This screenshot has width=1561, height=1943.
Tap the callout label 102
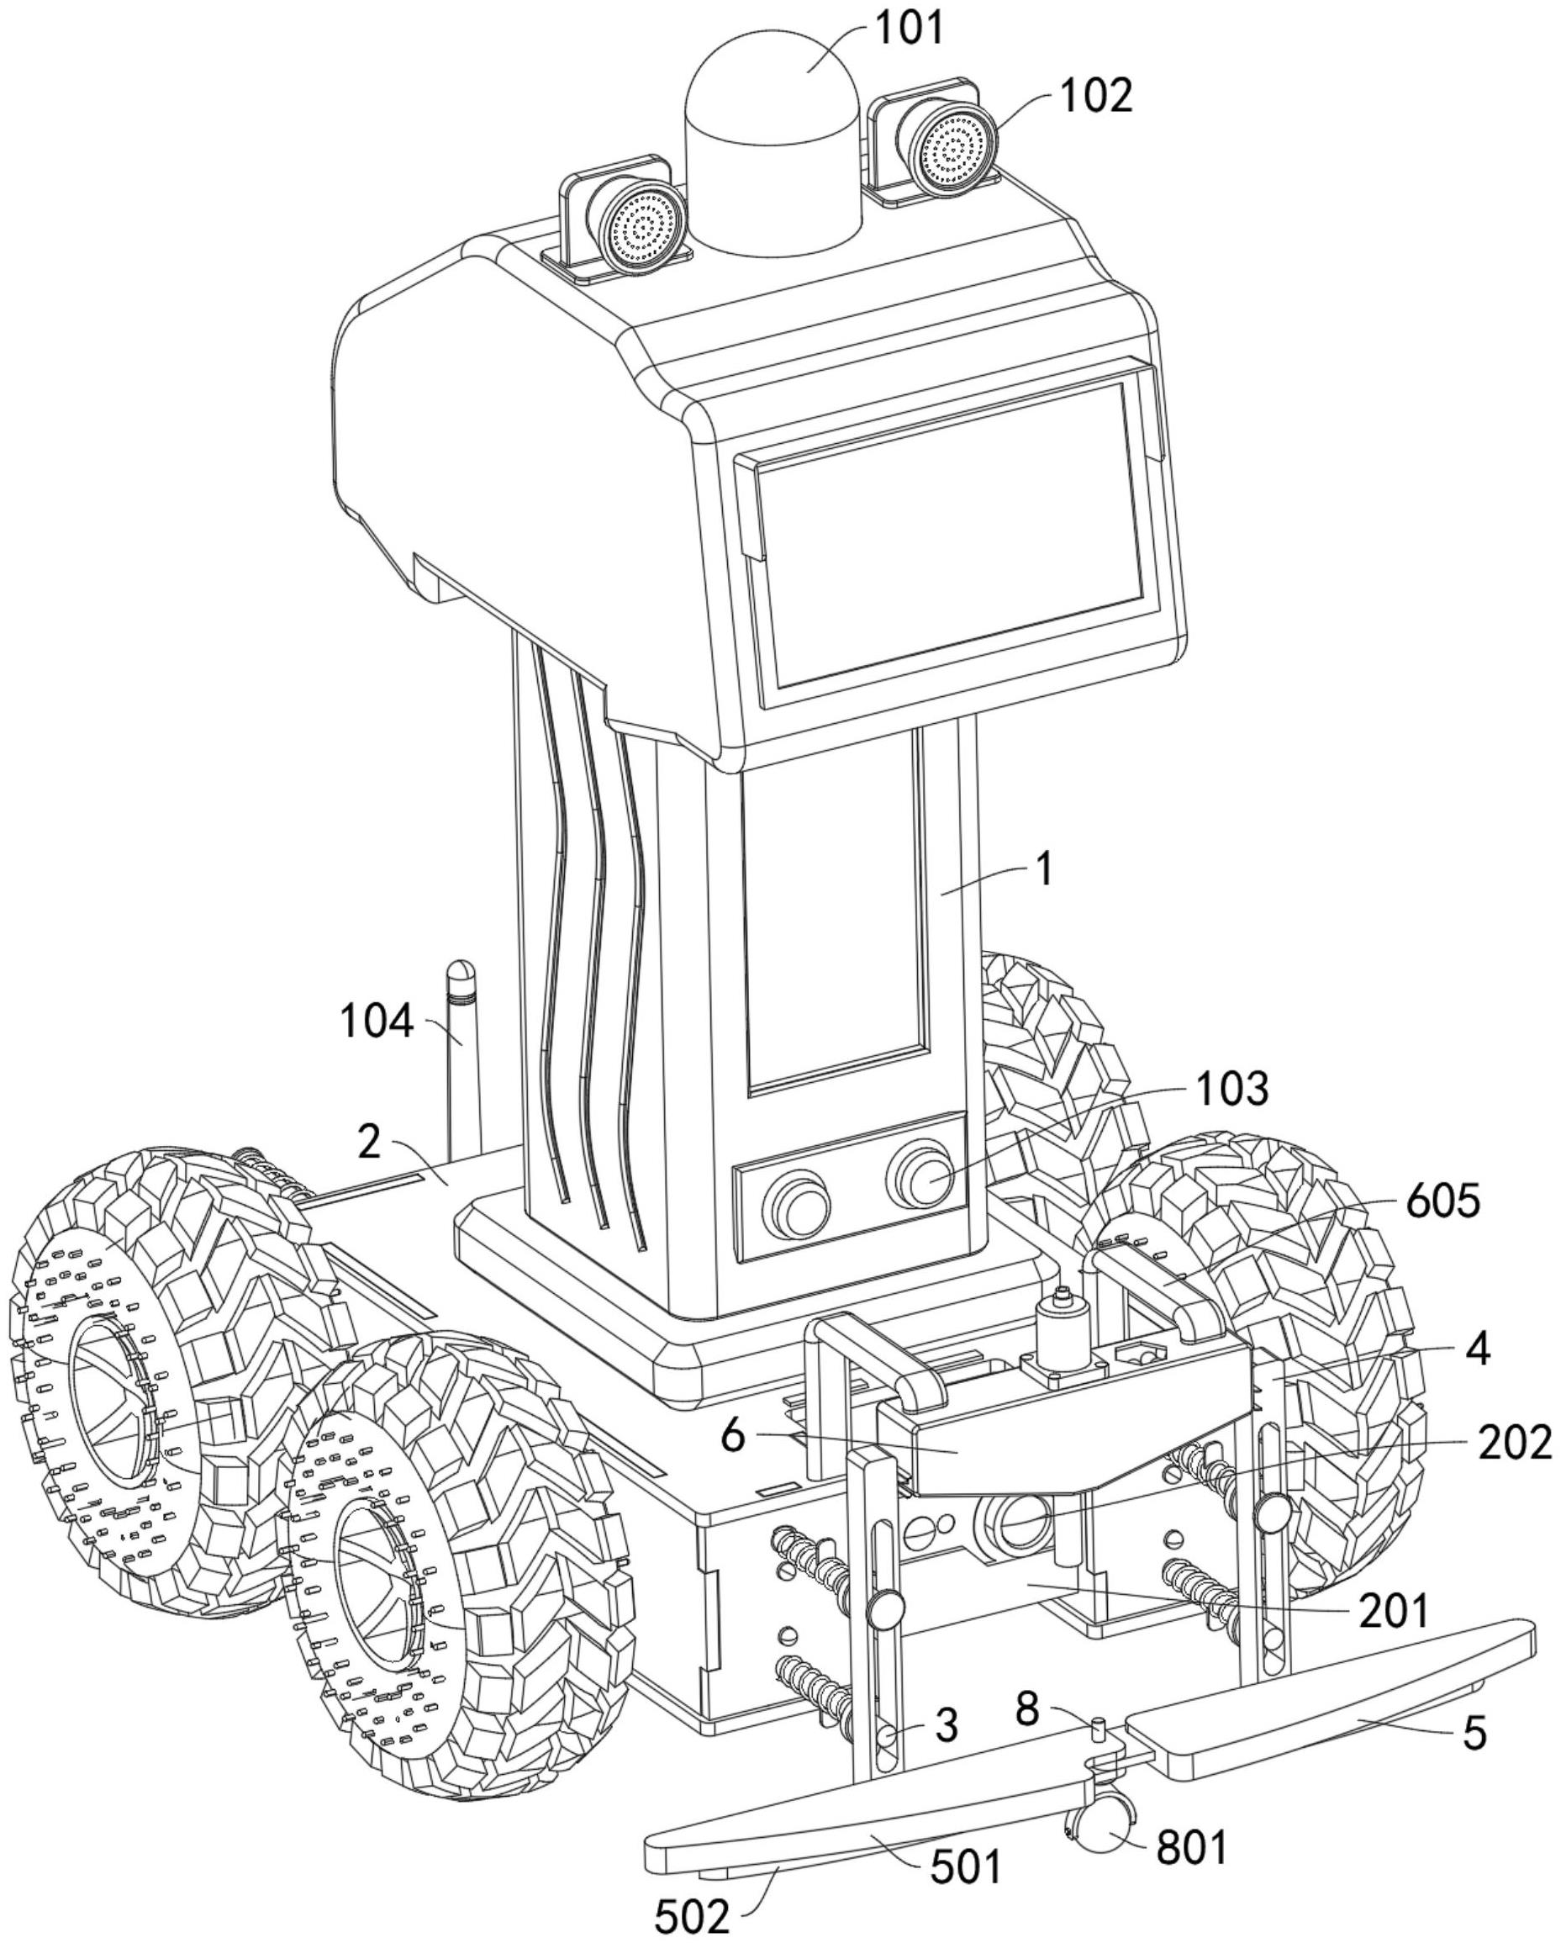(1095, 96)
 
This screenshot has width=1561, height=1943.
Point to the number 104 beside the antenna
(377, 1023)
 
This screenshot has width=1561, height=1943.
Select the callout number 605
(1442, 1202)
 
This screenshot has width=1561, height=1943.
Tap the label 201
(1394, 1613)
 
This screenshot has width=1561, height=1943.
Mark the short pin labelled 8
(1099, 1729)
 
